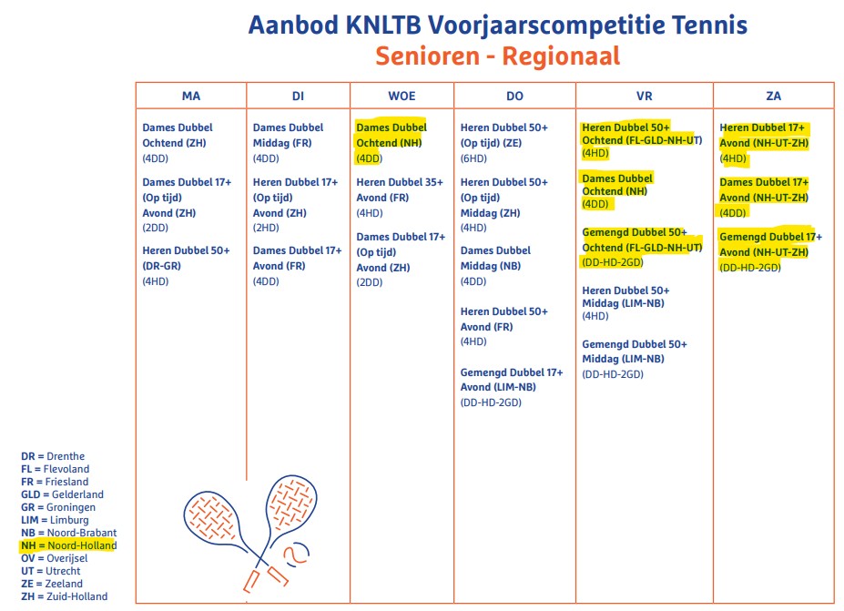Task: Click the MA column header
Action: [x=191, y=96]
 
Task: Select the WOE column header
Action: [x=401, y=96]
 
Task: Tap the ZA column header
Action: [x=774, y=96]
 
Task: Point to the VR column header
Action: [x=645, y=96]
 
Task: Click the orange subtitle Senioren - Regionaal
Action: [x=497, y=56]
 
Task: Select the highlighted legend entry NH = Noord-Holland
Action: [x=69, y=545]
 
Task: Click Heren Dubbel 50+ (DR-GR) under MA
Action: [x=186, y=258]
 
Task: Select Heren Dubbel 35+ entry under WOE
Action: [x=400, y=189]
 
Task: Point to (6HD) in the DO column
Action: [x=473, y=158]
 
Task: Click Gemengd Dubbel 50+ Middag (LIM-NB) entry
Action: [x=635, y=351]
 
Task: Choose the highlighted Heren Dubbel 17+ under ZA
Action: [x=764, y=135]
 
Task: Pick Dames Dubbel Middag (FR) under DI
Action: [x=288, y=135]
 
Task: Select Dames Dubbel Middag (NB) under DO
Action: [x=495, y=258]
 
